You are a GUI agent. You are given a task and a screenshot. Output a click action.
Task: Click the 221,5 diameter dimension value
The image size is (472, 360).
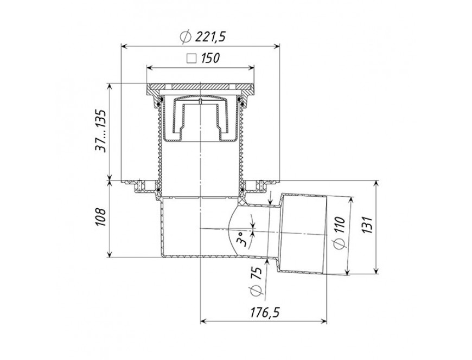coord(210,37)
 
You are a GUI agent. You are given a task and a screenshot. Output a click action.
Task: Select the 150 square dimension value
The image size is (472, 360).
coord(211,58)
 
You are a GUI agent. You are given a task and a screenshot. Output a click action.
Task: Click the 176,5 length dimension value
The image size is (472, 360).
coord(265,312)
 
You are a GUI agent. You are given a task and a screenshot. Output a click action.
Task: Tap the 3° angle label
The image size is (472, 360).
coord(243,239)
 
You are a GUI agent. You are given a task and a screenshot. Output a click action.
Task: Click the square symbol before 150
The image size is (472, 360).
coord(192,59)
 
